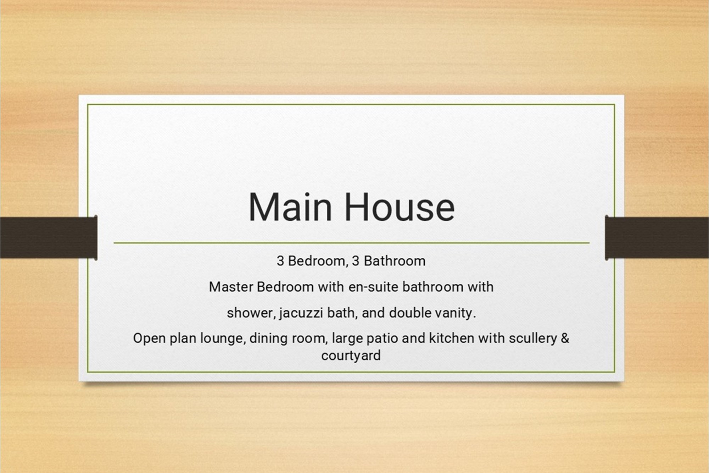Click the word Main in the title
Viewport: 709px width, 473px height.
pos(290,207)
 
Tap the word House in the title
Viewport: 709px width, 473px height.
pos(400,207)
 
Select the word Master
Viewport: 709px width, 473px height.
pos(231,287)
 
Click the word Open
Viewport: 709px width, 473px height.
pos(149,339)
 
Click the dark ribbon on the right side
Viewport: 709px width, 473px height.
pos(657,238)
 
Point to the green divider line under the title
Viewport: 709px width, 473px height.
pos(351,243)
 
